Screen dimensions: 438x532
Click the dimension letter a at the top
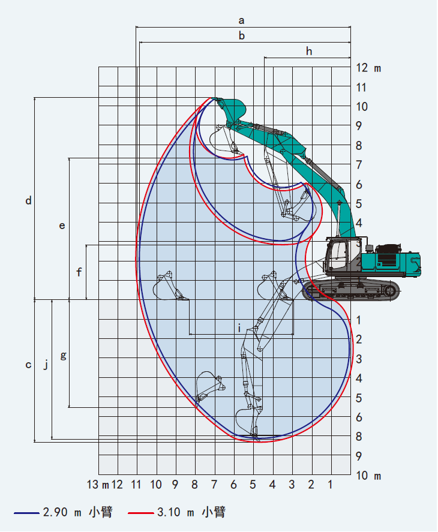point(241,21)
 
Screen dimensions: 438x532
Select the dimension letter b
point(242,35)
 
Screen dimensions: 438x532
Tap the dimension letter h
point(308,51)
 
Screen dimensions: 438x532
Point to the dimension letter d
point(29,200)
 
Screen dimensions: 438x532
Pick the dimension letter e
point(62,226)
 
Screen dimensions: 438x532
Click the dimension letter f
point(79,272)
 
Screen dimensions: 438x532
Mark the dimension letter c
point(29,365)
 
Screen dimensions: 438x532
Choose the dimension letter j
point(46,365)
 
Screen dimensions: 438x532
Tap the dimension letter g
point(63,356)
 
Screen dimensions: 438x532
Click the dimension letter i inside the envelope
point(239,328)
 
